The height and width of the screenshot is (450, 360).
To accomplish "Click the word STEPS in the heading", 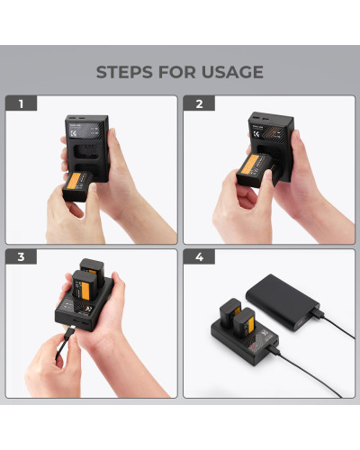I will point(125,72).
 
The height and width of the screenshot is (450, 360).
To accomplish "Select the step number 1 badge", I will point(19,104).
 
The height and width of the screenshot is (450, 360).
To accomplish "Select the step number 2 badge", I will point(199,104).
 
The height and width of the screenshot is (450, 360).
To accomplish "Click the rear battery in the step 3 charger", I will point(93,272).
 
